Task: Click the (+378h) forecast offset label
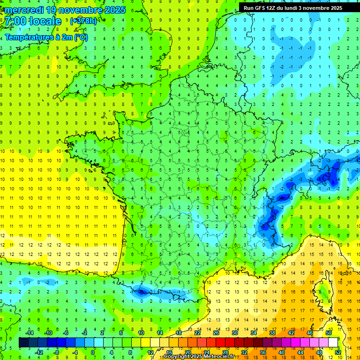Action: click(84, 21)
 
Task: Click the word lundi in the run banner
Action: click(300, 8)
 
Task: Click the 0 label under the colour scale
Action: click(93, 352)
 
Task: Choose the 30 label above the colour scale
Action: click(235, 332)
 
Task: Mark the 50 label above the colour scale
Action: click(329, 332)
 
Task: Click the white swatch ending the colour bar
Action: click(333, 343)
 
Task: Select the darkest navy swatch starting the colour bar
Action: click(23, 343)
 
